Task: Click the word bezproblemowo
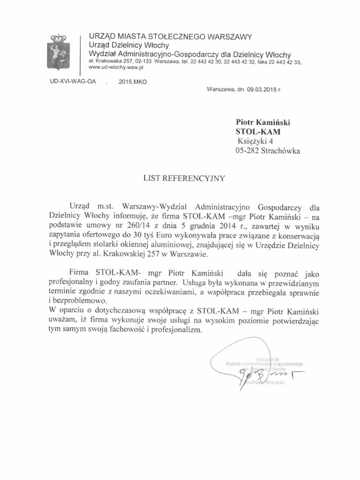[x=78, y=301]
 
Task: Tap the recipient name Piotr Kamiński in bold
[x=262, y=122]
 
